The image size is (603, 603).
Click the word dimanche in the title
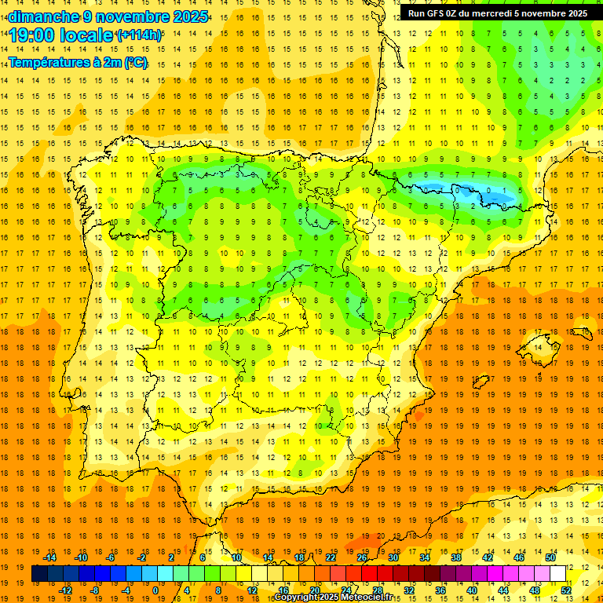point(42,16)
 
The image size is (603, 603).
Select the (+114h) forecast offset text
point(139,35)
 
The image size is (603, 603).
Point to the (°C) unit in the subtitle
point(135,62)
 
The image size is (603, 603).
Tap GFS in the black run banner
point(437,13)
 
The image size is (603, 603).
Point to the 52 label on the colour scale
point(566,590)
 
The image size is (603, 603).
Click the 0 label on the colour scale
point(155,590)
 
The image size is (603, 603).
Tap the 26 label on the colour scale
point(362,557)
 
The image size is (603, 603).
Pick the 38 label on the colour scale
point(456,557)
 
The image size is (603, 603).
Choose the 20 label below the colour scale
point(315,590)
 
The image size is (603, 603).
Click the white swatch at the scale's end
point(558,574)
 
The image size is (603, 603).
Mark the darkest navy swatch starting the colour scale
point(39,574)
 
